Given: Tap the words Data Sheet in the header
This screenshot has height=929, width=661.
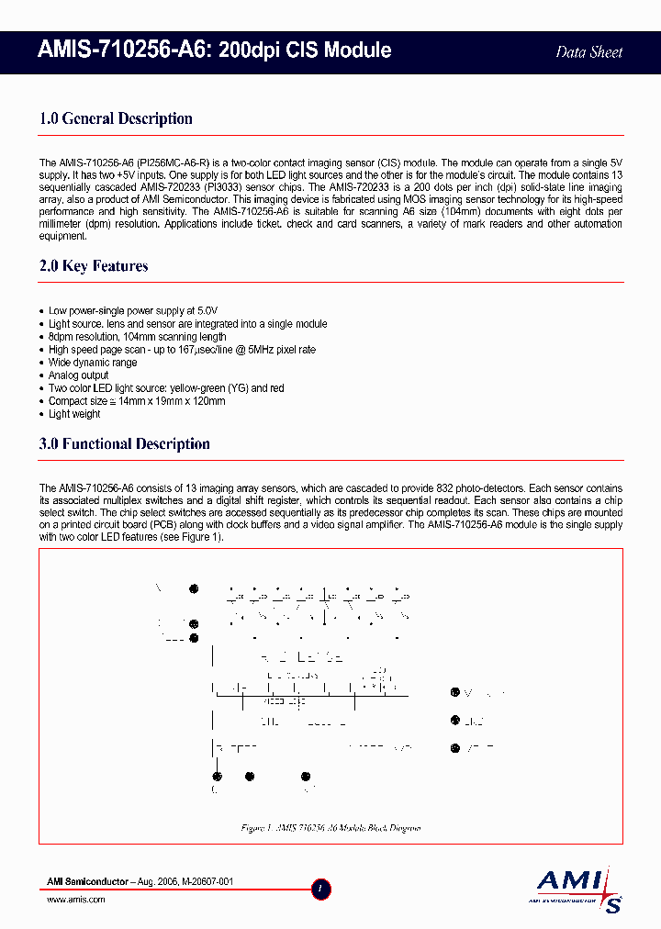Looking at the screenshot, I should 589,52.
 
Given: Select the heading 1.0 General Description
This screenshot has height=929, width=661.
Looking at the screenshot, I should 116,118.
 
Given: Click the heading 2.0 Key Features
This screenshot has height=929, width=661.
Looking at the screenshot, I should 94,266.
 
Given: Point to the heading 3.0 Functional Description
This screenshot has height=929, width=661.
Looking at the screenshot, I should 125,444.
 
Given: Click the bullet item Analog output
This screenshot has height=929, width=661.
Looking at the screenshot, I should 78,375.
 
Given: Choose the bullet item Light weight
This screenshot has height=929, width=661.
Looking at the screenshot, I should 74,414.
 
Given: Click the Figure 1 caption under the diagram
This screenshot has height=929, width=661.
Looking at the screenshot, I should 330,828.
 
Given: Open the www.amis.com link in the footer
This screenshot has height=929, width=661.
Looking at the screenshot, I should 76,900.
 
